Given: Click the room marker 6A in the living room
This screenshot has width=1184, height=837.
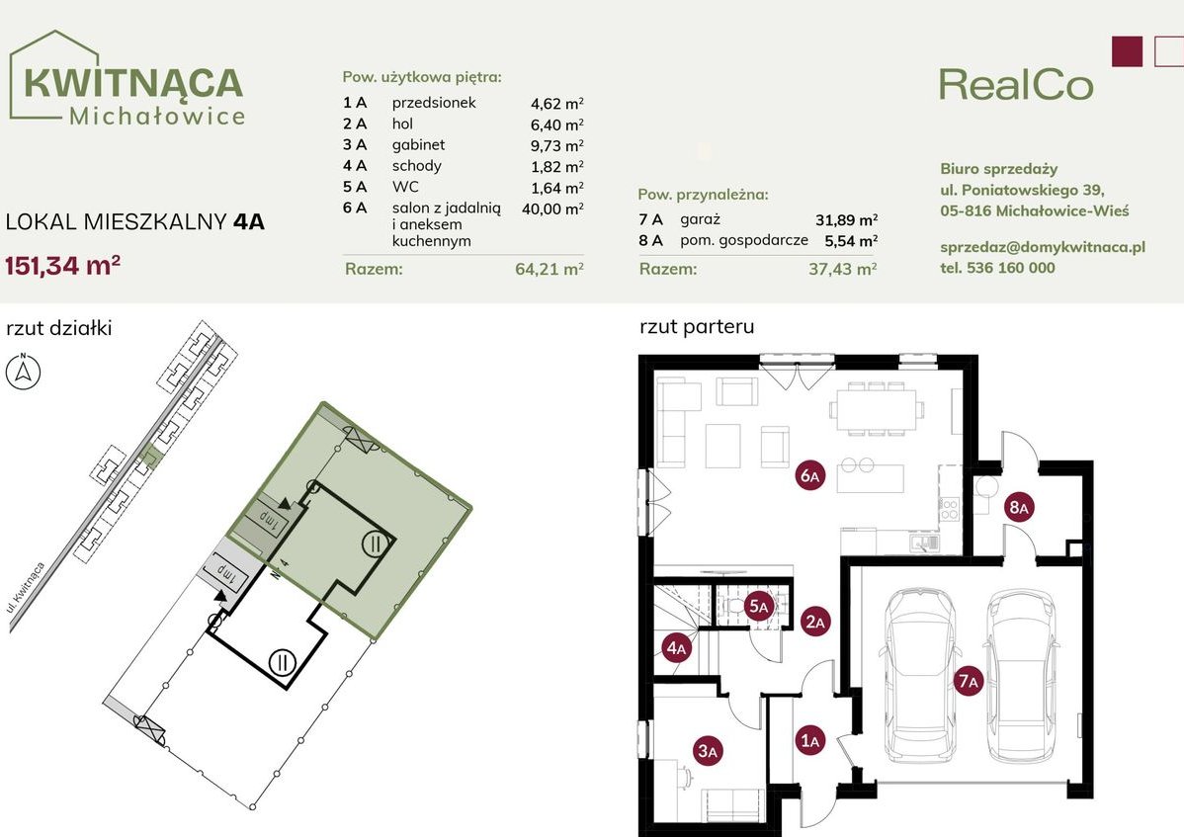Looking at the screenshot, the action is (809, 475).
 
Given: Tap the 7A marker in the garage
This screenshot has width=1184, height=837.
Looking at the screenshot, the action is (968, 681).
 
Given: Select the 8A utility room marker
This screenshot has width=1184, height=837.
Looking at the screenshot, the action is (1019, 507).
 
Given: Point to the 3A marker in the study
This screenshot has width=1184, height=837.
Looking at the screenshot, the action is (708, 750).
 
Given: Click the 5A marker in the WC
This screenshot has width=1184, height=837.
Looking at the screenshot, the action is (758, 606).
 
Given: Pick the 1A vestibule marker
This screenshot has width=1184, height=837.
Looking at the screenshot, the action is (810, 740).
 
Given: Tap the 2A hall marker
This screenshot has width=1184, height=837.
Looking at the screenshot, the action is (815, 622).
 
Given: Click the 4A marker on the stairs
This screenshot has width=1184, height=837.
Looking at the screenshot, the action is (677, 647).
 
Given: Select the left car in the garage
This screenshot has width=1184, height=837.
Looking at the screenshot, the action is (918, 675).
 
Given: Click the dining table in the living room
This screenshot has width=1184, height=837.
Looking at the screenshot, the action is (876, 409).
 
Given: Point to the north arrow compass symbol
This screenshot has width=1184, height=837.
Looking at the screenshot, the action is (24, 372).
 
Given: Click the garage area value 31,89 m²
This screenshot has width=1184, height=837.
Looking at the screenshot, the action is (846, 219).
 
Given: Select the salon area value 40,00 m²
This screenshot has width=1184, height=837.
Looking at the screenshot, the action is (552, 209).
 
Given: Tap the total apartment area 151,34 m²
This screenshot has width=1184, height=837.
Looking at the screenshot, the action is (63, 266).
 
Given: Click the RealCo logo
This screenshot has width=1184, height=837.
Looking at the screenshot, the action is (1016, 85).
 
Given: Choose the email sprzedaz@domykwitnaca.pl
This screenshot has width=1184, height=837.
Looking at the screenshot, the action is (1043, 247).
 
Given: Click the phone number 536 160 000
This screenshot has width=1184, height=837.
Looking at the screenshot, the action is (1010, 267).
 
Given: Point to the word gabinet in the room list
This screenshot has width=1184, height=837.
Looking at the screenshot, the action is (418, 145).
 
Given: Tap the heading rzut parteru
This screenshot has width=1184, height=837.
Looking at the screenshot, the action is (697, 327).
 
